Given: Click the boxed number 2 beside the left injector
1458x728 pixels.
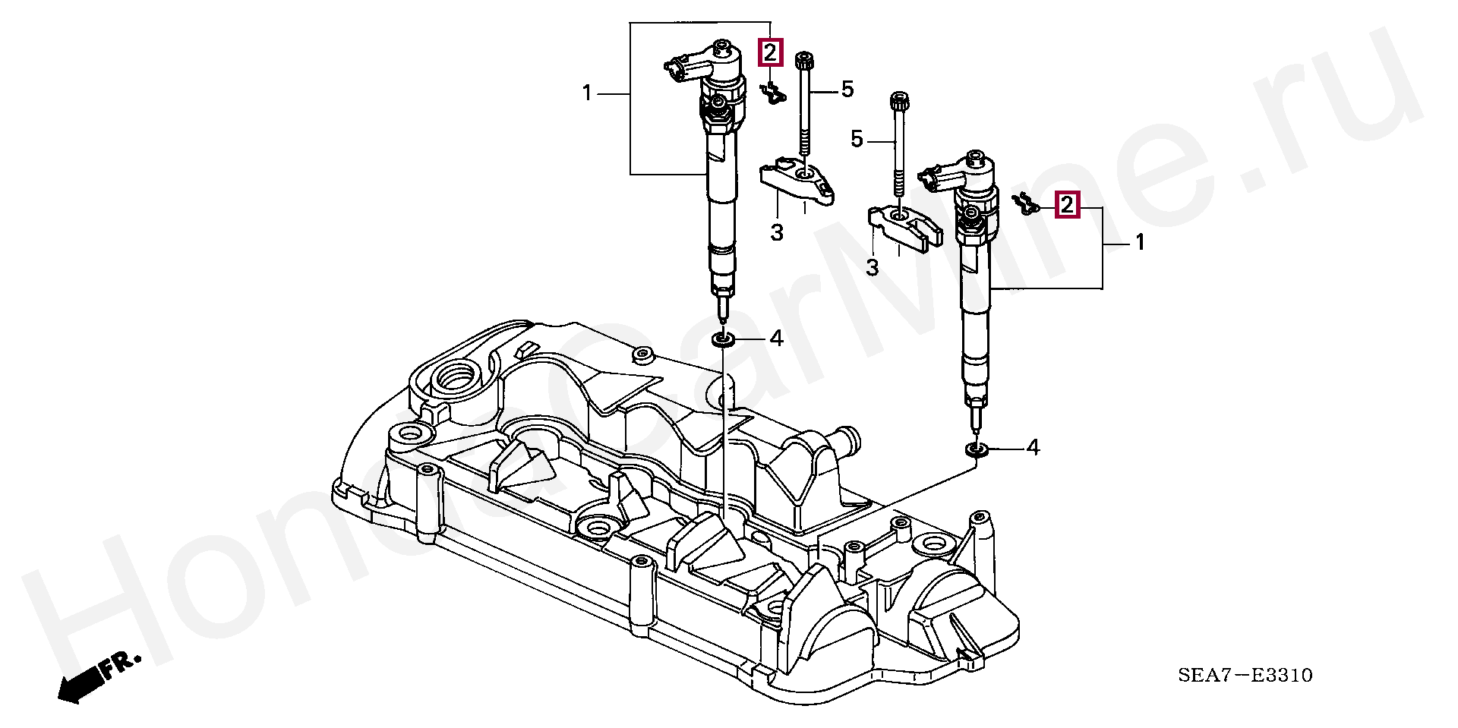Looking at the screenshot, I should (770, 52).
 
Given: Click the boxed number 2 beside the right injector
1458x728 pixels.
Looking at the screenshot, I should (1067, 204).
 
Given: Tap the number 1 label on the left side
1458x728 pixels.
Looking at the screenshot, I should (586, 93).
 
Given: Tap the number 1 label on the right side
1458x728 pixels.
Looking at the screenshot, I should (1139, 243).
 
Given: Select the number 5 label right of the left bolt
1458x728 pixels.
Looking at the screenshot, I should (847, 90).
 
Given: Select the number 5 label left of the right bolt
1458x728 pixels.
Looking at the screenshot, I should (857, 140).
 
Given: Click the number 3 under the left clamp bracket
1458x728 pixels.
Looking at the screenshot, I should (776, 232).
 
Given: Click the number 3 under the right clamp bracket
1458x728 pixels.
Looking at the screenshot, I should (873, 267).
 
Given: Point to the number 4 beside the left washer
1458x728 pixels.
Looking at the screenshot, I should (775, 339).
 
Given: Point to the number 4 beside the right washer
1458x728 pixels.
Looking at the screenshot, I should (1032, 449).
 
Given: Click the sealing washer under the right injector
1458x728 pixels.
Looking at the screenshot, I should (977, 451).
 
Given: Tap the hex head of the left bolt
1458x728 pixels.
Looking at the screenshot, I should (804, 58).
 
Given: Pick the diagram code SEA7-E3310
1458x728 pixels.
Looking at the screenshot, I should (1245, 675).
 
